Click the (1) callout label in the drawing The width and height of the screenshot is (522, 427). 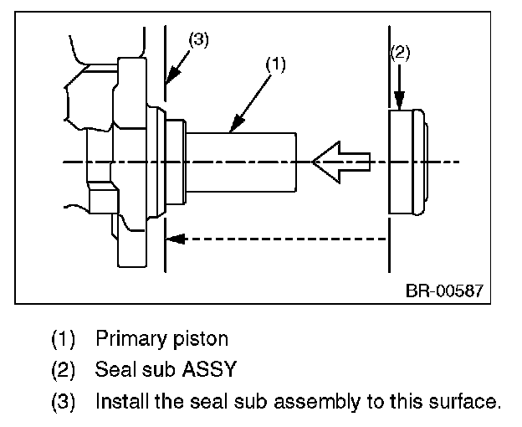coord(275,64)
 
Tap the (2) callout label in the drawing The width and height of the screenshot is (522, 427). coord(400,54)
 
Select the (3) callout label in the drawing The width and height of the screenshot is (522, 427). coord(199,40)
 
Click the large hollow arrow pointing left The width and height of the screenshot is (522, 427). coord(341,162)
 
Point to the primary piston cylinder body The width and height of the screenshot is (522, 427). coord(241,162)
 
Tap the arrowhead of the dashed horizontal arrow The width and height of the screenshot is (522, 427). coord(175,239)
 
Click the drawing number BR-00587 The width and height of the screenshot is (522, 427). coord(444,291)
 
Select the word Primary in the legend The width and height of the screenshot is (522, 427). coord(131,339)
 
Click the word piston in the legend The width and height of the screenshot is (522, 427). coord(201,339)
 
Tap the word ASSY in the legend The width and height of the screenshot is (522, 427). coord(209,369)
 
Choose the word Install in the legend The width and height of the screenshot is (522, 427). coord(122,401)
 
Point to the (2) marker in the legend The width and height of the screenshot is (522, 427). coord(63,370)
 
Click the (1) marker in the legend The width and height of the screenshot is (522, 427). coord(63,339)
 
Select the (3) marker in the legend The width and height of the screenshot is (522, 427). coord(63,401)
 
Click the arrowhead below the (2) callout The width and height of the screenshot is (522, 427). coord(400,100)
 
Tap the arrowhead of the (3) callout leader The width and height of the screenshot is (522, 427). coord(172,75)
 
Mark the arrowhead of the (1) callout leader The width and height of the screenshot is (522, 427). coord(237,124)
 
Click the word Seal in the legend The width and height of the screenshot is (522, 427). coord(116,369)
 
